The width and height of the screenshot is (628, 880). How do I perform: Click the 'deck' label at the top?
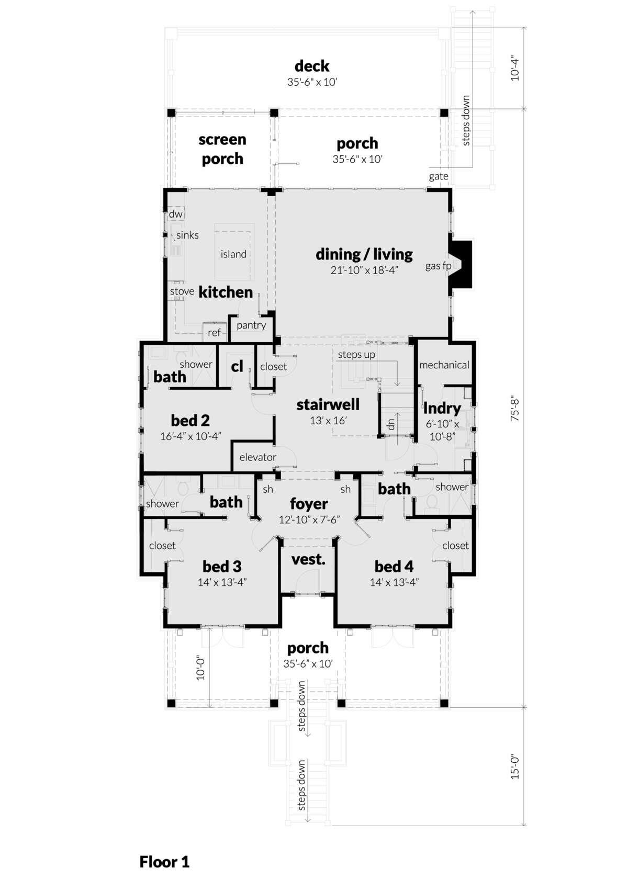(x=312, y=66)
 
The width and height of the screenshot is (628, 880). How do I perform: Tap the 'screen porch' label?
(x=222, y=149)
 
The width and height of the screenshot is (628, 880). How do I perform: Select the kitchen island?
(x=234, y=252)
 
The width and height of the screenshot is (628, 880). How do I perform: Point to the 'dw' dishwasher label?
(x=176, y=214)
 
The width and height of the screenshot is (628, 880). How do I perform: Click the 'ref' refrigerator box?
(x=214, y=332)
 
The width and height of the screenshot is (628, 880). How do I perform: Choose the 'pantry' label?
(x=251, y=325)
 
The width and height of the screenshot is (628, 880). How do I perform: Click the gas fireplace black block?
(x=463, y=264)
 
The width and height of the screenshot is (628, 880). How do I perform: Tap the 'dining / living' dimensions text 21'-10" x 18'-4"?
(x=364, y=270)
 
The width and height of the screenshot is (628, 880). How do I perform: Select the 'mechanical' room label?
(x=444, y=365)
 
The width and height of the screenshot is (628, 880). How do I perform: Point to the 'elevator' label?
(x=257, y=457)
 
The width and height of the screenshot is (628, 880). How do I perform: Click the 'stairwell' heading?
(x=328, y=404)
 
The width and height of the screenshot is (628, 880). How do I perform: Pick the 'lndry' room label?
(x=442, y=408)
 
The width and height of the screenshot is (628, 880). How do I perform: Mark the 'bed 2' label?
(x=190, y=420)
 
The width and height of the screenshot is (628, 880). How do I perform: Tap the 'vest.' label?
(x=308, y=559)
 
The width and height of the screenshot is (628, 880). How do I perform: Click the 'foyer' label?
(x=309, y=504)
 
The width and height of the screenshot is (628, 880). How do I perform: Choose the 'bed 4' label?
(x=394, y=566)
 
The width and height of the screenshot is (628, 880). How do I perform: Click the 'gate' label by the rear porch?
(x=439, y=176)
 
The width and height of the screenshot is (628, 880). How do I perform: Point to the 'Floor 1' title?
(x=164, y=862)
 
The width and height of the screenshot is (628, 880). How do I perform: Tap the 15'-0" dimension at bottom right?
(x=515, y=767)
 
